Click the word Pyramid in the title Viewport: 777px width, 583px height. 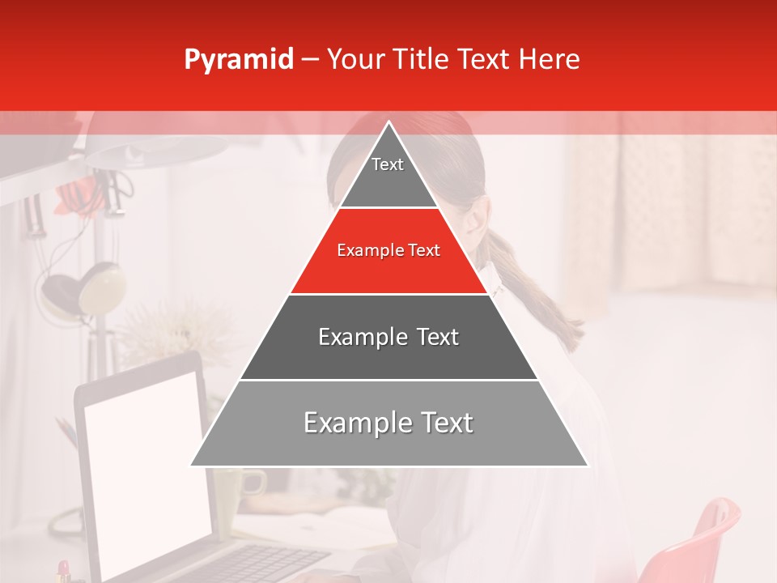pyautogui.click(x=239, y=60)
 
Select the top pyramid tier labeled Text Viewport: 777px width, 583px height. pyautogui.click(x=388, y=174)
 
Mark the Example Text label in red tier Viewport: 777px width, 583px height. pyautogui.click(x=388, y=250)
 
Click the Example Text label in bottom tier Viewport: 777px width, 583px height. pyautogui.click(x=388, y=423)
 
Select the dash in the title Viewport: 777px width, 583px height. pyautogui.click(x=310, y=60)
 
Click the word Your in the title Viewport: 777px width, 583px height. pyautogui.click(x=355, y=60)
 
